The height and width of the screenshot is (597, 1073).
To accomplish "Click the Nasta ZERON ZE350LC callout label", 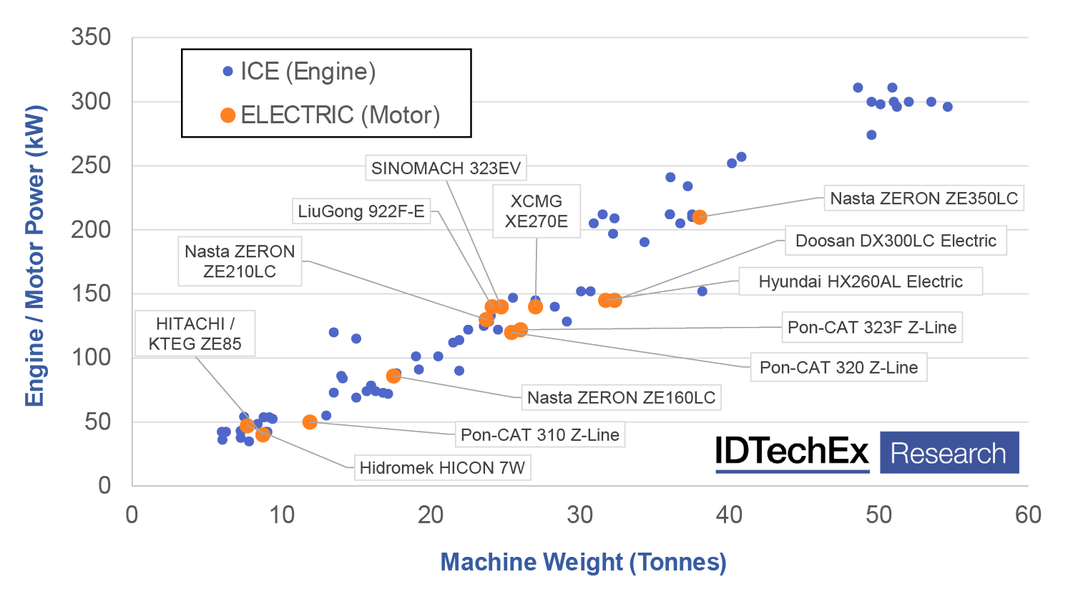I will click(923, 198).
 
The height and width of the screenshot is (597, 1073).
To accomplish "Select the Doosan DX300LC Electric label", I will click(896, 241).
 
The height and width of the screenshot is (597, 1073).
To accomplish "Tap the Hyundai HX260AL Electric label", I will click(860, 281).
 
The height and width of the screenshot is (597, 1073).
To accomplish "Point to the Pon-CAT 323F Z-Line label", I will click(871, 327).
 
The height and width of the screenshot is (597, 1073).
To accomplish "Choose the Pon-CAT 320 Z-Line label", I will click(838, 367).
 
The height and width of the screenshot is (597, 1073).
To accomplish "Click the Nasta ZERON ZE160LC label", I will click(621, 397).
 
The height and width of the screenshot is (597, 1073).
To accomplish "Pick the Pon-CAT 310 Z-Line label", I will click(539, 435).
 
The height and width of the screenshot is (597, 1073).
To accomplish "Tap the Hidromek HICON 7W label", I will click(442, 467).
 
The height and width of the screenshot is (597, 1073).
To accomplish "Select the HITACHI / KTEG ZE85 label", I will click(195, 334).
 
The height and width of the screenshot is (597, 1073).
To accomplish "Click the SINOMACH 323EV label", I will click(446, 168).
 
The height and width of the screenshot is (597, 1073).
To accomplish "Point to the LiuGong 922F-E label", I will click(361, 211).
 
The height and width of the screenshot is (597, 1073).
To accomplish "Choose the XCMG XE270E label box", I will click(536, 211).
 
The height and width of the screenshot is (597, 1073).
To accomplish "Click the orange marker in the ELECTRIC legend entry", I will click(228, 115).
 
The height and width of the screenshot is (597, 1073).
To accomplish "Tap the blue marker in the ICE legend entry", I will click(228, 72).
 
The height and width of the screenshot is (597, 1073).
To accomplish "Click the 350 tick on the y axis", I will click(91, 37).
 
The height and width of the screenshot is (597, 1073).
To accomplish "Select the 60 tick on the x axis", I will click(1028, 515).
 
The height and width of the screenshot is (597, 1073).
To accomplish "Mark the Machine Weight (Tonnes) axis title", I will click(583, 562).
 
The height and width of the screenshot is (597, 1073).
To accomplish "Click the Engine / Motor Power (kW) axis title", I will click(35, 256).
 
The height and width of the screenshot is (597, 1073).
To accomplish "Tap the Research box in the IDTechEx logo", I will click(949, 452).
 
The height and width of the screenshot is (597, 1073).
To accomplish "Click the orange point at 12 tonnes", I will click(310, 422).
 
